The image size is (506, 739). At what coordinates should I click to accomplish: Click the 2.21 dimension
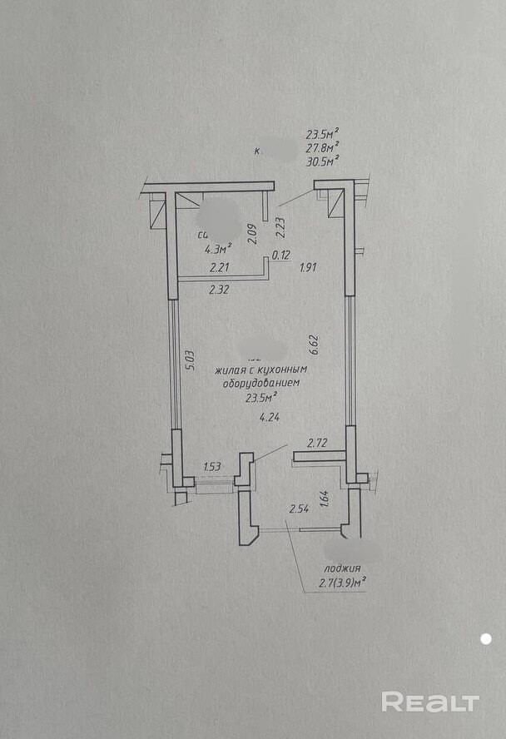click(x=219, y=267)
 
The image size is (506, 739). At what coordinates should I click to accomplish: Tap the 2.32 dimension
click(x=219, y=290)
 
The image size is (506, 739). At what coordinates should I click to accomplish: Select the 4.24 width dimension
click(x=268, y=419)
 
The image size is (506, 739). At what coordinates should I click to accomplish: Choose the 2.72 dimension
click(x=317, y=444)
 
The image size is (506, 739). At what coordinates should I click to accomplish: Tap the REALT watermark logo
click(x=430, y=702)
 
